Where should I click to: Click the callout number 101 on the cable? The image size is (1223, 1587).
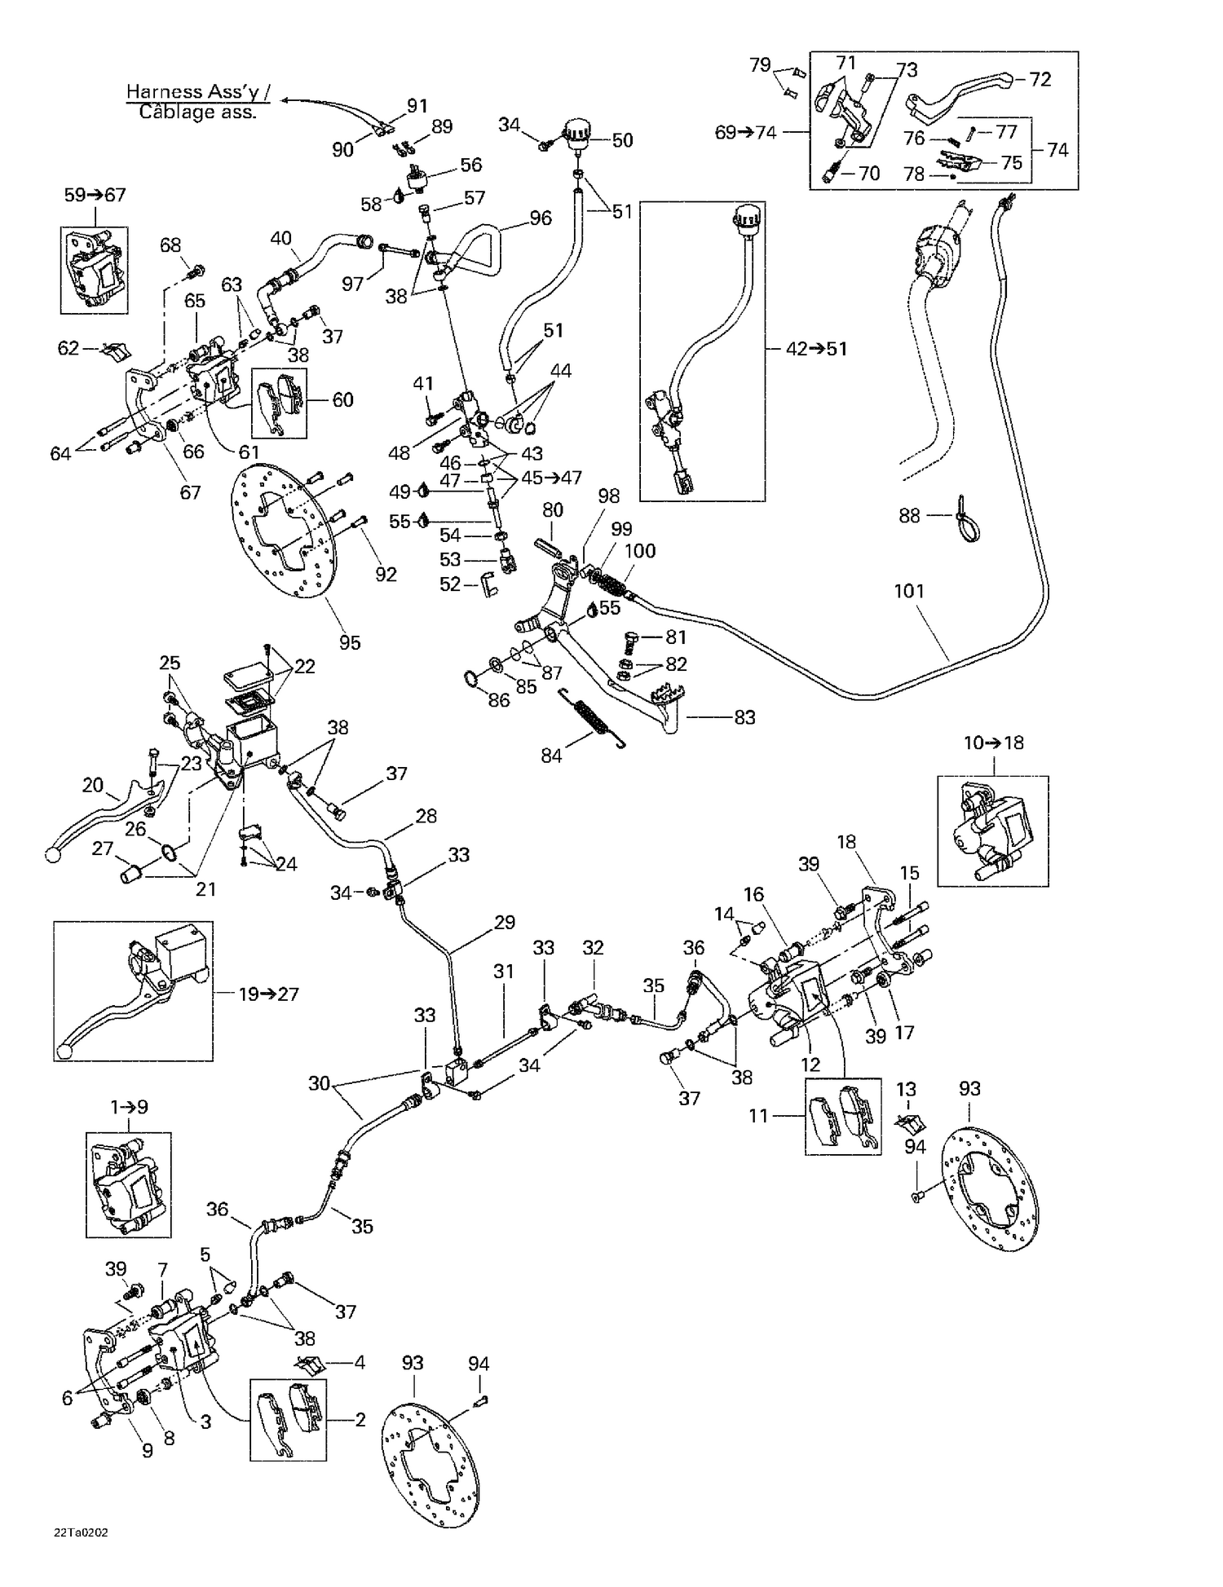909,591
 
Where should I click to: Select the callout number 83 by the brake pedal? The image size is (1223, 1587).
744,717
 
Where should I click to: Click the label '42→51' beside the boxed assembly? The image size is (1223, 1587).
816,349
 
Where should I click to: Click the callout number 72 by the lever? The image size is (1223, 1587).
1040,79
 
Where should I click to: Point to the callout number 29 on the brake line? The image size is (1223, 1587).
505,922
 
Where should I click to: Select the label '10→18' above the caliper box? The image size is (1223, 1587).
993,743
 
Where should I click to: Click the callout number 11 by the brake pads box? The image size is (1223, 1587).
759,1115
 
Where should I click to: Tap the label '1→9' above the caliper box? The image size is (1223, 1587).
129,1107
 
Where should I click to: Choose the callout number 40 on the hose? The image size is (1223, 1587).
280,238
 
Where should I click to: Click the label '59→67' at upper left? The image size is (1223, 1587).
95,195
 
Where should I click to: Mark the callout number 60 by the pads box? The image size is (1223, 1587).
342,399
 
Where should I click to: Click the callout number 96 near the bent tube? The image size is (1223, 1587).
541,218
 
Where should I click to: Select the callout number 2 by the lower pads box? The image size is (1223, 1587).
360,1419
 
